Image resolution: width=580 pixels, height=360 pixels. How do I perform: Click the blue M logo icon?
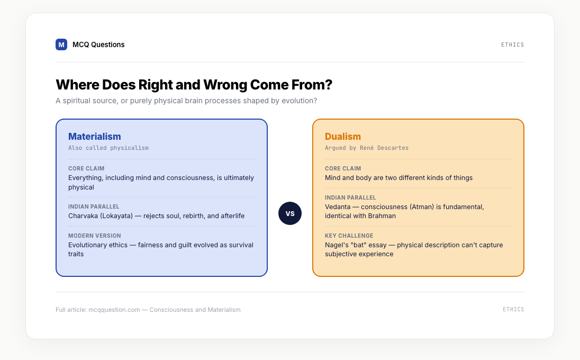point(61,44)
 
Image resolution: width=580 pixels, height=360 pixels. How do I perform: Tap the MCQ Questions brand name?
point(98,45)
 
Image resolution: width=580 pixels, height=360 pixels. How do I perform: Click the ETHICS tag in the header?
point(513,45)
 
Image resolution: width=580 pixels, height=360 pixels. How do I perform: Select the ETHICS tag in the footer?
point(513,309)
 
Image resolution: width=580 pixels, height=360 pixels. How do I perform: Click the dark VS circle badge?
point(290,213)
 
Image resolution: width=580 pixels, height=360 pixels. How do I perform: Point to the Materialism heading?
point(95,137)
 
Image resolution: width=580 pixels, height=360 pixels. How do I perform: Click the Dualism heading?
point(343,137)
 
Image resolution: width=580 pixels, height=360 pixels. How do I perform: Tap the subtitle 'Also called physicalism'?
point(108,148)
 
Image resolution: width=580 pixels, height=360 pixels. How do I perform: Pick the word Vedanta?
point(338,207)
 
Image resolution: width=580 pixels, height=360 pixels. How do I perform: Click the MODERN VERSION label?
point(95,236)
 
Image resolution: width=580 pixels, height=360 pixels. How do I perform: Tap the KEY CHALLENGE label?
point(349,236)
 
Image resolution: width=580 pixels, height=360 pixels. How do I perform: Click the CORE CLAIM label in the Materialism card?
point(86,168)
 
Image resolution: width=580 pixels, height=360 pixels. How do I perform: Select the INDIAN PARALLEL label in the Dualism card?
point(350,197)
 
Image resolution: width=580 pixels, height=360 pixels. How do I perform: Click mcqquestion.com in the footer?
point(114,310)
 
